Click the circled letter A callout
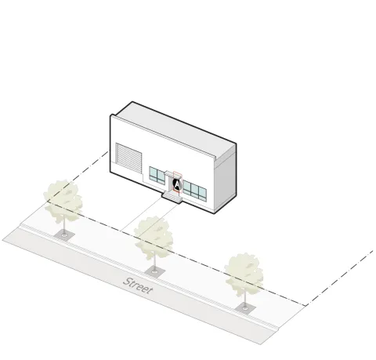coord(177,184)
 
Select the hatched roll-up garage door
coord(128,158)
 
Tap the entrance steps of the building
coord(172,197)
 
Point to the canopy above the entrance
coord(170,173)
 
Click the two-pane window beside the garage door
coord(157,175)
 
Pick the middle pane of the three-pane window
coord(194,190)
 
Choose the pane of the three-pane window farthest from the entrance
coord(202,194)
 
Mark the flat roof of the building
coord(175,128)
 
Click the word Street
coord(138,285)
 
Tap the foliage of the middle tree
coord(154,237)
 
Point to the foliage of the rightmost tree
coord(244,274)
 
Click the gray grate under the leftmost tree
coord(64,235)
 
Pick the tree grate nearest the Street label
coord(155,271)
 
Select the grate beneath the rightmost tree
coord(245,309)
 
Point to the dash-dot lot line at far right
coord(339,278)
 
